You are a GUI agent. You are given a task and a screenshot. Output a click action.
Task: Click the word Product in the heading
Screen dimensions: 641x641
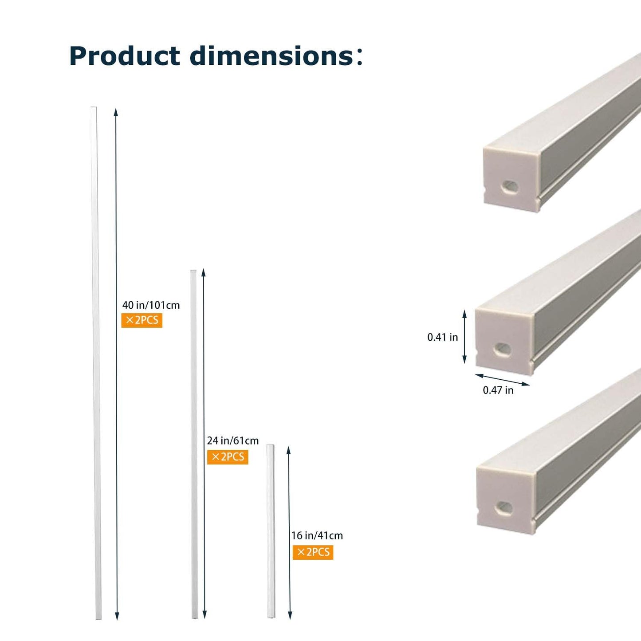point(125,56)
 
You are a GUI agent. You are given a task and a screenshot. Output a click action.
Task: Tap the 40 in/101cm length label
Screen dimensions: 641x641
point(151,305)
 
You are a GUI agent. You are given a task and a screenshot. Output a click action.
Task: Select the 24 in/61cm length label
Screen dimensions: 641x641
point(232,440)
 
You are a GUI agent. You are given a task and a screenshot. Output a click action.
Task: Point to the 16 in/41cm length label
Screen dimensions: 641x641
point(317,535)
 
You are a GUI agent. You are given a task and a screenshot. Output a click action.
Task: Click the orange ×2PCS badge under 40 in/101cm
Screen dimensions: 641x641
point(142,320)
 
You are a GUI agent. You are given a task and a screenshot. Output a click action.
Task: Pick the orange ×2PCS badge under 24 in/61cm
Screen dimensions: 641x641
point(228,457)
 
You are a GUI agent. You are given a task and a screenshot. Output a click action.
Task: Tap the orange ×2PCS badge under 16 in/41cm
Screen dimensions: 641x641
point(313,552)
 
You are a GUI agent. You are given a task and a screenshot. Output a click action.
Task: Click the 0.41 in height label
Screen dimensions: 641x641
point(442,337)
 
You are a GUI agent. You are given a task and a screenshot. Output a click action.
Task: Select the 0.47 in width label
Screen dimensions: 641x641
point(498,390)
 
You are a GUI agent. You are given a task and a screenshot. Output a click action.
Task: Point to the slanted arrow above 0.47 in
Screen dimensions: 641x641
point(502,380)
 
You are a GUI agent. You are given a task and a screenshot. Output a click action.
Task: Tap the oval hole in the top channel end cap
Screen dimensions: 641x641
point(510,187)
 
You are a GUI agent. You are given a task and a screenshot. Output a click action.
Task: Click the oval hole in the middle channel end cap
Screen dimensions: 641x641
point(503,349)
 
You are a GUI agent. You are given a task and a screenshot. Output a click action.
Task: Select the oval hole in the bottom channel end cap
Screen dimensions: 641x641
point(504,508)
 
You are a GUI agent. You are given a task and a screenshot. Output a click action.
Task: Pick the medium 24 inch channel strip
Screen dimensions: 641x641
point(194,444)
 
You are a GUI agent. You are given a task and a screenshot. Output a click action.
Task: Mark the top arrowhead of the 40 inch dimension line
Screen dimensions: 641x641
point(116,112)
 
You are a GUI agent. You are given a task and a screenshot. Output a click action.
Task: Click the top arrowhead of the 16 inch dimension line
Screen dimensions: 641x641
point(288,450)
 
